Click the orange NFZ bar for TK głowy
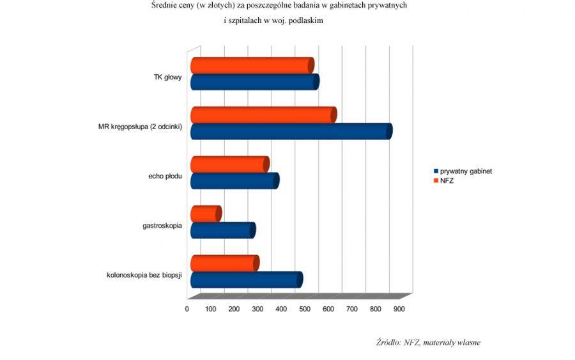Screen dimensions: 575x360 (252, 65)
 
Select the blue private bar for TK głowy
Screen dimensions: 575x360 (255, 82)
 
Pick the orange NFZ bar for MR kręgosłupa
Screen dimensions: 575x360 (264, 115)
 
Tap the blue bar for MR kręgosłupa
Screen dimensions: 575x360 (291, 131)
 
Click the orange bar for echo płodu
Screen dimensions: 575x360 (230, 164)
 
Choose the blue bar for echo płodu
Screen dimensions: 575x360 (235, 181)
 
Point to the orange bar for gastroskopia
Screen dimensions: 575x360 (206, 214)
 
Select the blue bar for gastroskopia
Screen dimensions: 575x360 (223, 230)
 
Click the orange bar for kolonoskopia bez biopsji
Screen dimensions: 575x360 (225, 263)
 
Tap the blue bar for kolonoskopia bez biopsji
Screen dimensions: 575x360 (247, 279)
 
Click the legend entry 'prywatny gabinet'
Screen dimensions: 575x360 (463, 171)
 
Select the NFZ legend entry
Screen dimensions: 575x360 (444, 180)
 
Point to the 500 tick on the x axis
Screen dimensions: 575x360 (305, 309)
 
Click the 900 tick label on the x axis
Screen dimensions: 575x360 (399, 309)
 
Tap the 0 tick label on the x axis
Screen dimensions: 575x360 (187, 309)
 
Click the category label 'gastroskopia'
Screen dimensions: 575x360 (162, 226)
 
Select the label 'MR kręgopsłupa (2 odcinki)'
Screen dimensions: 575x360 (140, 127)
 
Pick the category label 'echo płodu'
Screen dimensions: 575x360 (165, 176)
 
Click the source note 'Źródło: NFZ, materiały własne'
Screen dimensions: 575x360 (428, 343)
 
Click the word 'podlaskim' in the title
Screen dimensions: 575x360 (306, 21)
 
